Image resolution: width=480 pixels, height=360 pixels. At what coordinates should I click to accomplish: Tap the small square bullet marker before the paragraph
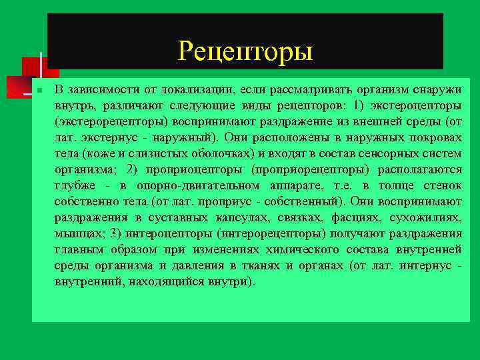click(x=40, y=90)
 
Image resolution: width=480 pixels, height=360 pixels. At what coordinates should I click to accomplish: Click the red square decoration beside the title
click(x=32, y=68)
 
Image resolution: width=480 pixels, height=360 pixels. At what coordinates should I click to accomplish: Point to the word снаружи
click(x=433, y=90)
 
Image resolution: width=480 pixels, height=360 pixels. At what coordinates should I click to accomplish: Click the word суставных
click(x=173, y=218)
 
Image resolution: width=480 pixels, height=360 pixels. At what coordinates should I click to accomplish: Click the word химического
click(x=302, y=250)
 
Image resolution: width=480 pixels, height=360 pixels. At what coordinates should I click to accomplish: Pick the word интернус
click(x=423, y=266)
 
